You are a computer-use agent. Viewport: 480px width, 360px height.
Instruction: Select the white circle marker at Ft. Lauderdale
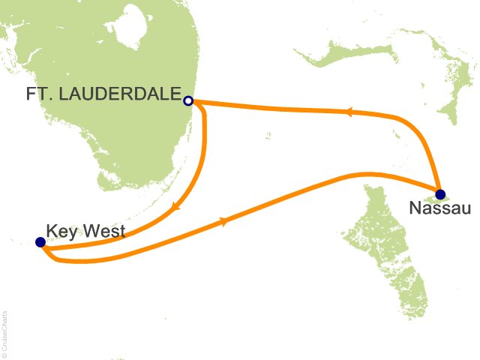click(x=188, y=100)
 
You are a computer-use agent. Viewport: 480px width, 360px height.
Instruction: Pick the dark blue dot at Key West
click(x=40, y=242)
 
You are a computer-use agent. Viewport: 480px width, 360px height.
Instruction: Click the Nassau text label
click(x=440, y=208)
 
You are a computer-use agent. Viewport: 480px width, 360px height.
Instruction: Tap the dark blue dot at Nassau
click(x=440, y=193)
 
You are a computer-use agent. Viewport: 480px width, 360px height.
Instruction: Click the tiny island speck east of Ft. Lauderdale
click(x=268, y=136)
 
